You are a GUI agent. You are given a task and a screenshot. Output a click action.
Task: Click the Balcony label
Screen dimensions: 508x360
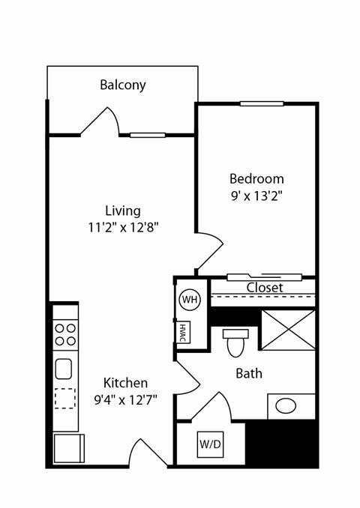[x=122, y=85]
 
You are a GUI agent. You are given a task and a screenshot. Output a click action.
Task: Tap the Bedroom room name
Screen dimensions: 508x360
[x=256, y=179]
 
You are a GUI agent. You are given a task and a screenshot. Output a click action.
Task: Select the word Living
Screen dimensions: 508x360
[x=122, y=211]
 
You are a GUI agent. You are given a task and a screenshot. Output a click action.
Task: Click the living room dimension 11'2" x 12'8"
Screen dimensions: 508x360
[x=123, y=227]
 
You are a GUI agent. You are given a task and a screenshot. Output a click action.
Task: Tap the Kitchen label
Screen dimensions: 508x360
[x=125, y=383]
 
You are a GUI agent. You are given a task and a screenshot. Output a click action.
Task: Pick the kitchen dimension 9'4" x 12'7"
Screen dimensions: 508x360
[x=125, y=399]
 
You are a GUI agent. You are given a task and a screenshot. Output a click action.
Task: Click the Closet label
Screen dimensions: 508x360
[x=265, y=288]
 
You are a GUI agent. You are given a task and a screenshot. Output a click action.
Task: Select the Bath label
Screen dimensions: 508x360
[x=249, y=373]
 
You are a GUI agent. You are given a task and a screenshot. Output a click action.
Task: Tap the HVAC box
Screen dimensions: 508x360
[x=183, y=332]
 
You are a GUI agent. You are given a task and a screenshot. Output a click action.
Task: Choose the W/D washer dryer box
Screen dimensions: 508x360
[x=210, y=444]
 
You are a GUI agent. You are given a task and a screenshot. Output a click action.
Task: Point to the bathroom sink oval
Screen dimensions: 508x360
[x=286, y=406]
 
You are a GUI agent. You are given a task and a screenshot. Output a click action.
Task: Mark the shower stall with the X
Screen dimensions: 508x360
[x=288, y=329]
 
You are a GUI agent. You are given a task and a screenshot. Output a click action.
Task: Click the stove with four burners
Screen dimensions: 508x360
[x=65, y=334]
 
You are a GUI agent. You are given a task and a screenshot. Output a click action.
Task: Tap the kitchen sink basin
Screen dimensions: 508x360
[x=64, y=369]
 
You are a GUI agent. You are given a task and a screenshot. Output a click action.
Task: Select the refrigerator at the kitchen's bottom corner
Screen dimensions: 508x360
[x=67, y=448]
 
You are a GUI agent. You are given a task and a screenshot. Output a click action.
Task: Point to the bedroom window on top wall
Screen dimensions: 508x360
[x=262, y=103]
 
